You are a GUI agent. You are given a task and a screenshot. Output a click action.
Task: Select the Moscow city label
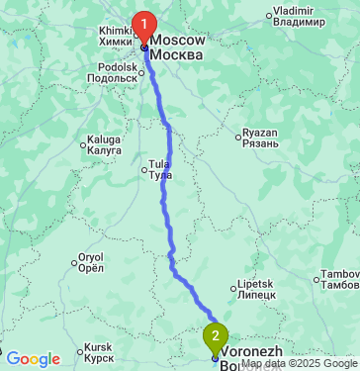point(178,46)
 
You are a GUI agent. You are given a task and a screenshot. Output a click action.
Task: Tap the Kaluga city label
point(104,145)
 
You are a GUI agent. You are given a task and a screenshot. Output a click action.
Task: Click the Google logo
point(33,359)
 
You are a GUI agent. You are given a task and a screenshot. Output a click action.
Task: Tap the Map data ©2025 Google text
point(300,364)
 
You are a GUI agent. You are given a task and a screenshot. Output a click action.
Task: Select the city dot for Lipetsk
point(235,289)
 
